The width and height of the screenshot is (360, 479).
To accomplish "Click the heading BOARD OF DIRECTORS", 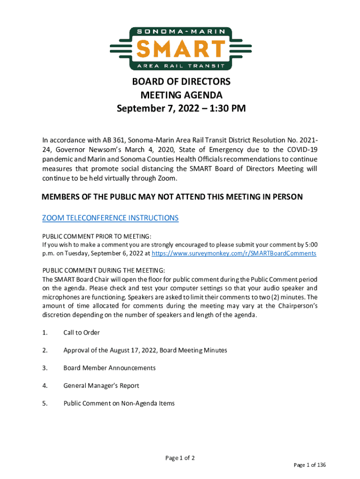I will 181,82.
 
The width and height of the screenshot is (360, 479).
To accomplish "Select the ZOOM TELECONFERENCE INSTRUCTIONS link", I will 110,218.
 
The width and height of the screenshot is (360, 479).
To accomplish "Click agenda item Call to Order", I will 82,333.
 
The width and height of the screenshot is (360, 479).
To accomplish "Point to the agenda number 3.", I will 45,368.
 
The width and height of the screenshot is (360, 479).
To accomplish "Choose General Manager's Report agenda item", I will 101,386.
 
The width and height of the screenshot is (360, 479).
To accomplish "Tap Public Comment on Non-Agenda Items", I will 119,403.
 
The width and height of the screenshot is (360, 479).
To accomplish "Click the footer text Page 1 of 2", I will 180,458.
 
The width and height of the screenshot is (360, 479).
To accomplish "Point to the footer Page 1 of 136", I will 310,465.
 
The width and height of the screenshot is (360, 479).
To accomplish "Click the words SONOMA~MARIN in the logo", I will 180,32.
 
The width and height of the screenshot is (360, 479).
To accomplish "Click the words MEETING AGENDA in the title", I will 181,95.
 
